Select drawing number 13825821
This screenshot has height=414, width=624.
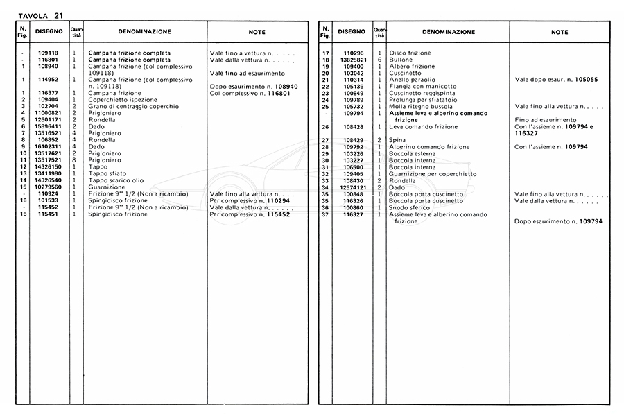354,60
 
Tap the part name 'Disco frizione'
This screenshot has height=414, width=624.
410,53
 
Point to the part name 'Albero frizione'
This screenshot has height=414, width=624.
412,67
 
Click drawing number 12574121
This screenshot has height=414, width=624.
354,188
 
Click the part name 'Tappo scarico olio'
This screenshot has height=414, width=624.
116,180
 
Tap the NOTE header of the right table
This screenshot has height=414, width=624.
560,32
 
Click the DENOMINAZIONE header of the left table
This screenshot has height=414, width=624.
145,31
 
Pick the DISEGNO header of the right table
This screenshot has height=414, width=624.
352,31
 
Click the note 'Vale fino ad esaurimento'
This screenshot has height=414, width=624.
247,73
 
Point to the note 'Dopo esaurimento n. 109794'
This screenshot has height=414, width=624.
557,221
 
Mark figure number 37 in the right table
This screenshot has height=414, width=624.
324,215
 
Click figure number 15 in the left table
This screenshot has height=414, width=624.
24,187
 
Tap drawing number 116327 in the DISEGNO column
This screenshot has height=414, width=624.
354,215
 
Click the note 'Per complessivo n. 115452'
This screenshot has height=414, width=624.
250,214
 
